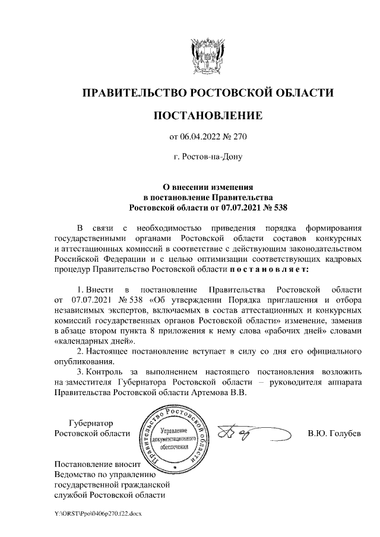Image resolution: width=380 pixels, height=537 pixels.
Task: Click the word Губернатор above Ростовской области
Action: click(x=91, y=422)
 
